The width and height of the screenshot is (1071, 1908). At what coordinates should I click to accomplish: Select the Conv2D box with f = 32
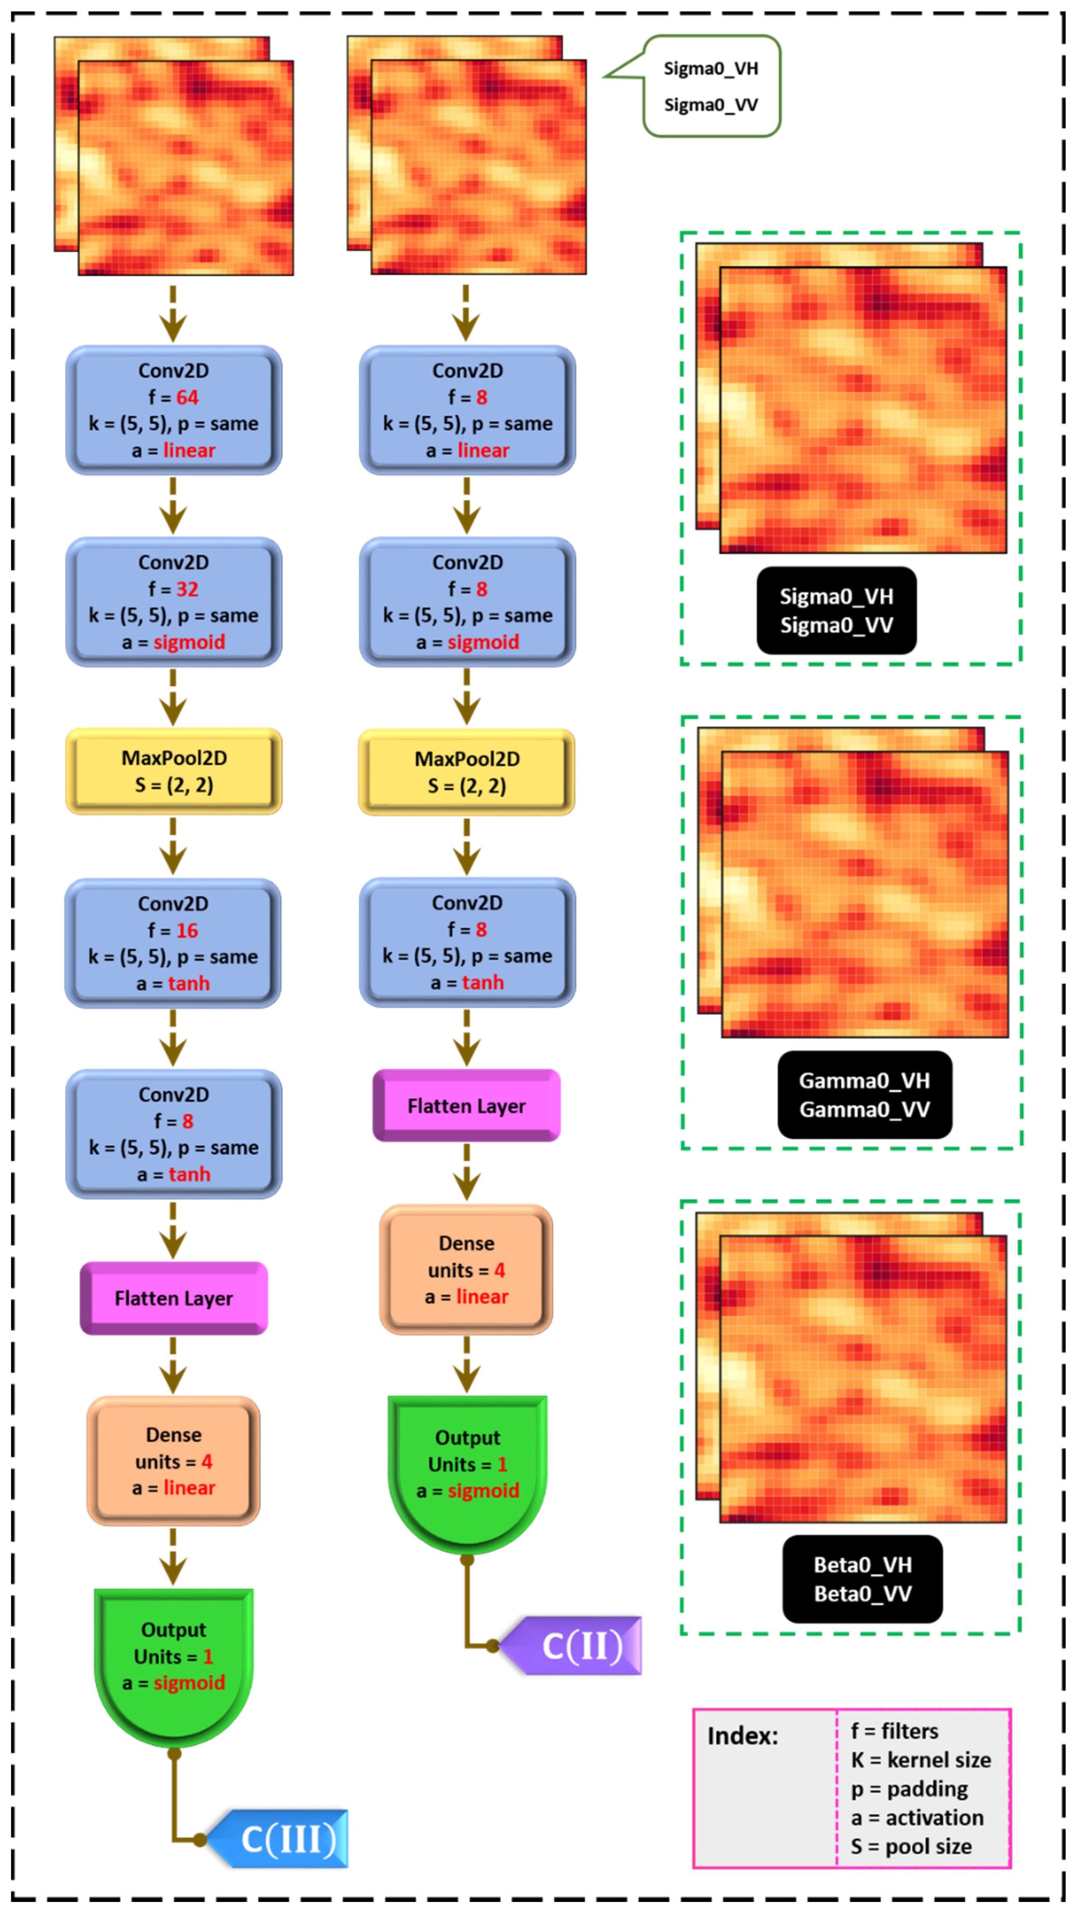tap(173, 602)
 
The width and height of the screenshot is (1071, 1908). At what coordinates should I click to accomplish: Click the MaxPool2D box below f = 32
tap(173, 771)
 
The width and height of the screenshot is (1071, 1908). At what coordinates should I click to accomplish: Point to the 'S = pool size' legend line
tap(910, 1846)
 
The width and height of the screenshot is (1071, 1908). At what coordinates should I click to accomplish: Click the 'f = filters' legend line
tap(894, 1731)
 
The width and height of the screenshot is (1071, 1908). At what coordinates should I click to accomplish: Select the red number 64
tap(187, 398)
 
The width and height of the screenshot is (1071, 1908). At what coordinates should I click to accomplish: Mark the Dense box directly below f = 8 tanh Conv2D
tap(173, 1461)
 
